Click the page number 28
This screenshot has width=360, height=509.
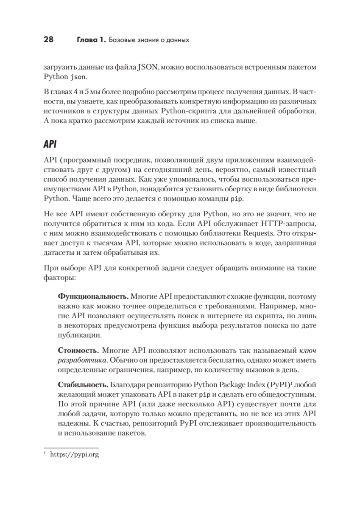(48, 40)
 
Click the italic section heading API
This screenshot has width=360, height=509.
(50, 144)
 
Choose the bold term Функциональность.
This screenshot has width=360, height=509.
(93, 296)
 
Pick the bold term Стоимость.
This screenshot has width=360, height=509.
(78, 352)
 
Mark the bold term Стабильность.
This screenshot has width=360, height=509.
(83, 385)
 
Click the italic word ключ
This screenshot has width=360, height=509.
(309, 352)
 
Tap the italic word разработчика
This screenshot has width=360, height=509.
(81, 361)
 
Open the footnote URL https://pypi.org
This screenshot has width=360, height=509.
(75, 454)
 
